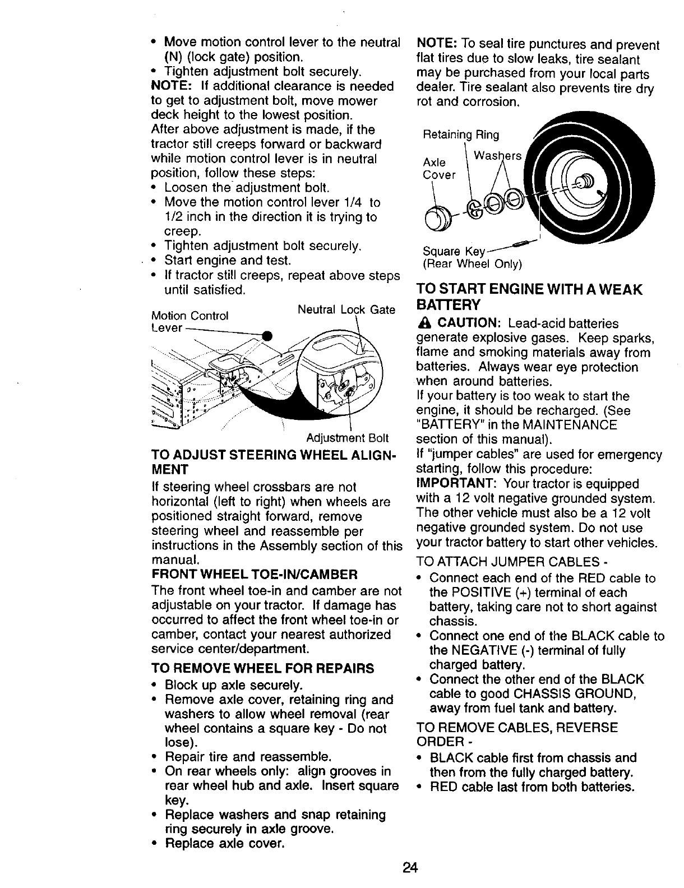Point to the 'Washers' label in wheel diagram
coord(498,155)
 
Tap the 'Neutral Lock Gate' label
coord(346,310)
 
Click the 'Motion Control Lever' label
coord(190,321)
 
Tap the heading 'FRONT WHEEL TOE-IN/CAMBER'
coord(254,575)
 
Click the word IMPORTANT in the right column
coord(454,484)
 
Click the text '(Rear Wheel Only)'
coord(472,263)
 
